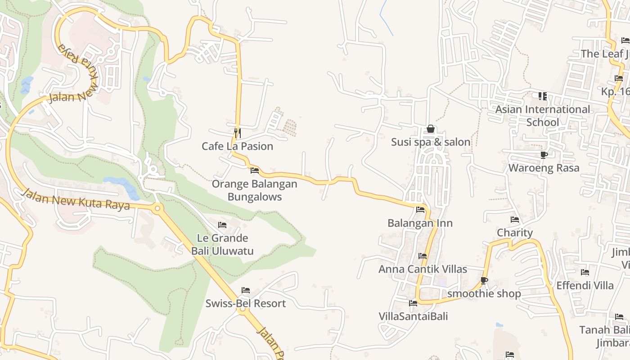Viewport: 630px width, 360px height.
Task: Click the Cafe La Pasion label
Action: tap(237, 146)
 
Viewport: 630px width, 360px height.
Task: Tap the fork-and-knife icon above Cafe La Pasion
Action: tap(237, 133)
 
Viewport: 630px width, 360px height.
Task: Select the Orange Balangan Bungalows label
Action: tap(254, 190)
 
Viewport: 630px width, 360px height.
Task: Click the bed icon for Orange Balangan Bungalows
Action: tap(255, 171)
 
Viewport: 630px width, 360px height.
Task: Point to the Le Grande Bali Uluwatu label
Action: tap(222, 244)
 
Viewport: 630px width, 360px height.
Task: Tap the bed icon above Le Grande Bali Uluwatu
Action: tap(222, 225)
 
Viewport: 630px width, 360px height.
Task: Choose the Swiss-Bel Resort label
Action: tap(246, 303)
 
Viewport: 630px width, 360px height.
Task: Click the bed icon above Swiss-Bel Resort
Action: tap(246, 290)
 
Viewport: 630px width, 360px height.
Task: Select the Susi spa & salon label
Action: tap(431, 142)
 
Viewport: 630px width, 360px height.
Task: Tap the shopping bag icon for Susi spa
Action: tap(431, 129)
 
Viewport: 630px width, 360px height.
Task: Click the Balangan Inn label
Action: tap(420, 223)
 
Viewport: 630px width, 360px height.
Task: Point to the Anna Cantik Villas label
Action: tap(423, 269)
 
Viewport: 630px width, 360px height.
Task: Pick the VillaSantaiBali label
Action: tap(413, 316)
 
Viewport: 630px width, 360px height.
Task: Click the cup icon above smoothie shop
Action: tap(484, 281)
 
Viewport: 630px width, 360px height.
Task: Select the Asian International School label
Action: tap(542, 116)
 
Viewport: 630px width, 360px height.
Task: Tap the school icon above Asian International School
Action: tap(543, 96)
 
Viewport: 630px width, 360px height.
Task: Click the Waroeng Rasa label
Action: tap(544, 168)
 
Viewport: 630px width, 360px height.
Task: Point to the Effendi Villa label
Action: tap(585, 286)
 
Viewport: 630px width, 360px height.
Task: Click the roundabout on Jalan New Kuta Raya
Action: tap(157, 208)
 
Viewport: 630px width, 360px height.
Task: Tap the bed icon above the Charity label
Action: tap(515, 220)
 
